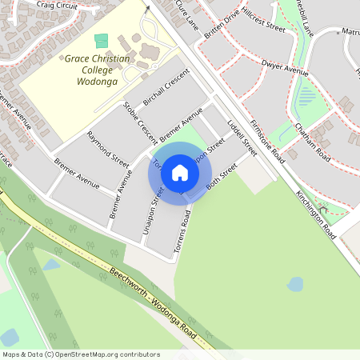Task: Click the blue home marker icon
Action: (x=180, y=173)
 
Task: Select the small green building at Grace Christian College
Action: (x=101, y=40)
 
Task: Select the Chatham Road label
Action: (x=311, y=139)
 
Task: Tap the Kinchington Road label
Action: (x=315, y=215)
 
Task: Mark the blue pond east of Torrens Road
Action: (x=295, y=284)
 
